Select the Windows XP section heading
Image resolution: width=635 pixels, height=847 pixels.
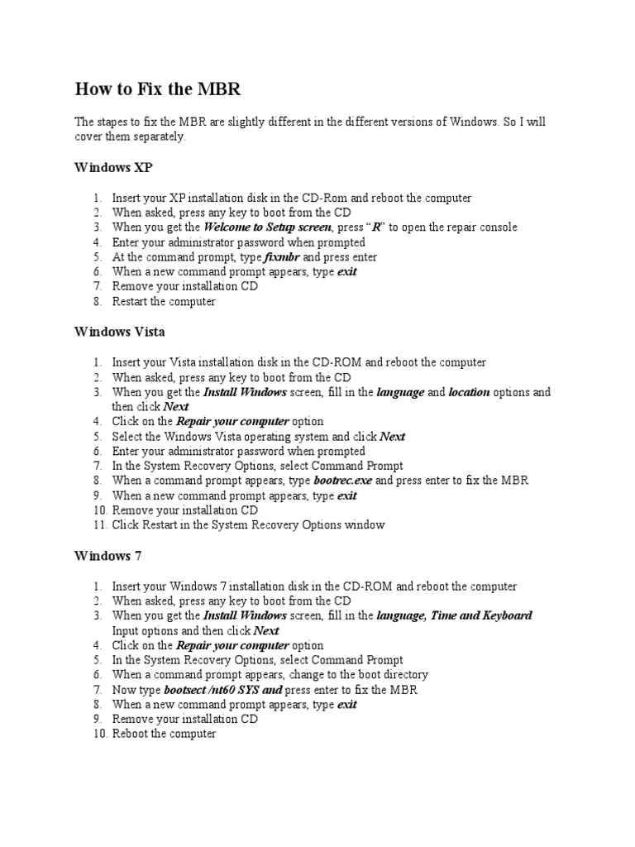(x=113, y=167)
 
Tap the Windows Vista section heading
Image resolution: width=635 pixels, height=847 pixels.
(x=119, y=332)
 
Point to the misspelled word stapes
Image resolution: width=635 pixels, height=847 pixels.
(x=109, y=122)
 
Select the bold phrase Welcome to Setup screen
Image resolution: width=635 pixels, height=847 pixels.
(x=268, y=227)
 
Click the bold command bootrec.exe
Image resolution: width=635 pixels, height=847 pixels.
(x=342, y=481)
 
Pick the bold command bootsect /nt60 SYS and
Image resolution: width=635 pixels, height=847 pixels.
(x=223, y=690)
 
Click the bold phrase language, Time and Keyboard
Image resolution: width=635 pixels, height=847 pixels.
(x=454, y=615)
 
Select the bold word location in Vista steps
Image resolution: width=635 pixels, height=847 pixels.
(x=469, y=392)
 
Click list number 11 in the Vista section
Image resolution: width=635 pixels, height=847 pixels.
(x=98, y=525)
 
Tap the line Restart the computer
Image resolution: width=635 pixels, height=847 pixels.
(x=164, y=302)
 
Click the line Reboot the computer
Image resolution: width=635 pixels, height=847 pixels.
(x=164, y=735)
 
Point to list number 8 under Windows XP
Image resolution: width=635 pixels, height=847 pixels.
(x=98, y=302)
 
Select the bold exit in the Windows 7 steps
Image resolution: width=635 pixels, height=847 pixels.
(x=347, y=705)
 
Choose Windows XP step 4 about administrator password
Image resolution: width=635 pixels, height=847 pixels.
(x=238, y=242)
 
